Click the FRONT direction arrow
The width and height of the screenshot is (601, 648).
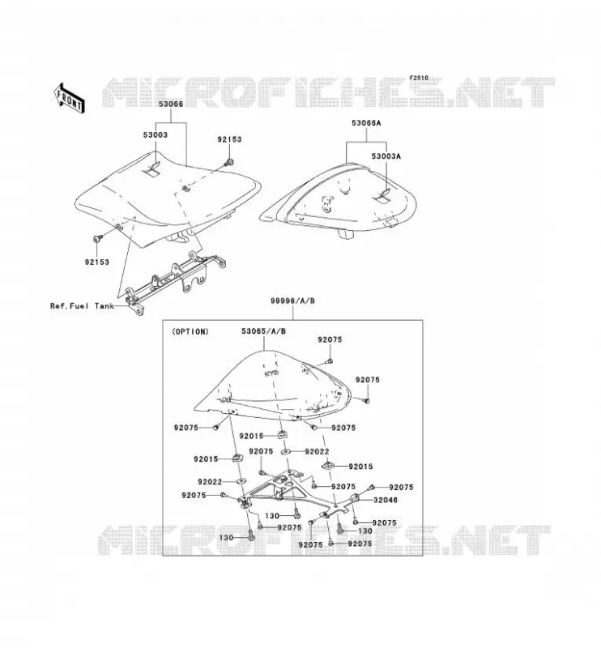coord(69,98)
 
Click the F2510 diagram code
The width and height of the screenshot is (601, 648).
coord(419,78)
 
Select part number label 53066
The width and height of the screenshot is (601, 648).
coord(171,104)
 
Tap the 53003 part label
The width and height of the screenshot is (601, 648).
coord(156,134)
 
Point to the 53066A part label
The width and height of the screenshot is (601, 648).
coord(366,123)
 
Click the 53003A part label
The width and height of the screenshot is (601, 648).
coord(386,156)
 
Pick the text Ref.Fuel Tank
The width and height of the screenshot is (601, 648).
coord(82,306)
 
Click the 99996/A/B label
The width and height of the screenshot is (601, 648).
coord(292,301)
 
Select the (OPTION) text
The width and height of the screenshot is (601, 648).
coord(190,331)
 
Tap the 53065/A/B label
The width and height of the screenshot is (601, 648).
coord(264,331)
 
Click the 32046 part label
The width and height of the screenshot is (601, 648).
coord(386,500)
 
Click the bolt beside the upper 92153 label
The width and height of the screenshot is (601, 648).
coord(228,163)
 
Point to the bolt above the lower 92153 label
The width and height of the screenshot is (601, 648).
coord(97,238)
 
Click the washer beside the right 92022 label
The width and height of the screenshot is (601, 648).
coord(286,452)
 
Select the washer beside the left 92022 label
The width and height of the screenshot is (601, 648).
coord(241,481)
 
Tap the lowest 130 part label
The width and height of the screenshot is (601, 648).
coord(226,538)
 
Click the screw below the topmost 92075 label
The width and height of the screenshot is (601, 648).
coord(330,361)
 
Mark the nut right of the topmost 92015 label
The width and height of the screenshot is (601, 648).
coord(283,434)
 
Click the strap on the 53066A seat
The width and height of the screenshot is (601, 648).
coord(382,196)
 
